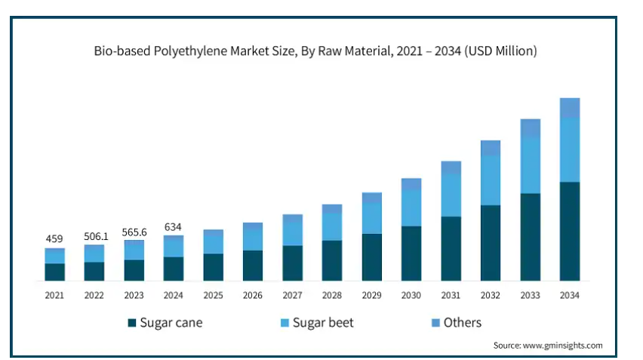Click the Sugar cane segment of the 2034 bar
tap(569, 232)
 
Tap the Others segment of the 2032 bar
tap(491, 148)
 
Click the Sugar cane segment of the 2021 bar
tap(54, 272)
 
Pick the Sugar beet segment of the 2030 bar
tap(411, 208)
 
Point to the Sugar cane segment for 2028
tap(332, 261)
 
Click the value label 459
tap(54, 239)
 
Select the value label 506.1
tap(95, 236)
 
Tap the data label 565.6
tap(134, 232)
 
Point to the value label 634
tap(174, 227)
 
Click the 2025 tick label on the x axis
tap(213, 295)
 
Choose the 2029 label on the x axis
tap(372, 295)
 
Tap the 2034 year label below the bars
tap(570, 295)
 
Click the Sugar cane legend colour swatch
tap(132, 323)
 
